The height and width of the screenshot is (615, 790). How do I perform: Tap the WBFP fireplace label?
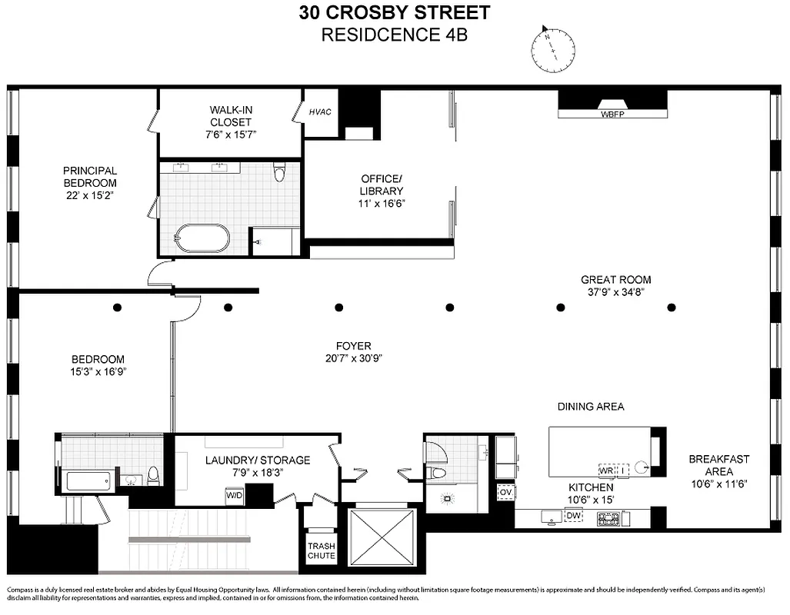pos(613,115)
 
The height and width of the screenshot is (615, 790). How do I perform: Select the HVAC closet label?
pos(320,112)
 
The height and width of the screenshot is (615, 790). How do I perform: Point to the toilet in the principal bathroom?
pos(279,173)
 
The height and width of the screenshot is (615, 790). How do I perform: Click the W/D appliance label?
pos(233,497)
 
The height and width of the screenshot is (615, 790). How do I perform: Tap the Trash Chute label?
pos(322,550)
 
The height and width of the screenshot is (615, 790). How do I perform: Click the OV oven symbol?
pos(506,491)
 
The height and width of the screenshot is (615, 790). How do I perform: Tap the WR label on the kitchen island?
pos(607,469)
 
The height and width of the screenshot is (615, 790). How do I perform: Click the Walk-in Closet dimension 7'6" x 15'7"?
pos(230,134)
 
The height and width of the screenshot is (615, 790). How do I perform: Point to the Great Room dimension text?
pos(615,292)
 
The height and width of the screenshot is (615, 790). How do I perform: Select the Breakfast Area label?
pos(718,465)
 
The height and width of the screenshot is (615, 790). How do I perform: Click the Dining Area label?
pos(591,406)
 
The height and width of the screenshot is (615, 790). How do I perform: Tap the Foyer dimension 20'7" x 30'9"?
pos(353,357)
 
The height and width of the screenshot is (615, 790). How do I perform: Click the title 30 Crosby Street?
pos(394,13)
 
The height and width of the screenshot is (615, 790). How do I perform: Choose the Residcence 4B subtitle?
pos(394,35)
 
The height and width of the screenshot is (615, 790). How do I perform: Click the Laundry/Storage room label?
pos(257,460)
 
